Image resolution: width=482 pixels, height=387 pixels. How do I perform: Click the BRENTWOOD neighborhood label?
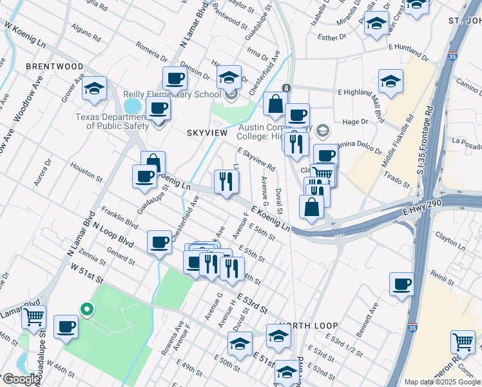(x=54, y=67)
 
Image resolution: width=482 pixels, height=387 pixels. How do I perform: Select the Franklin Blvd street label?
(x=120, y=217)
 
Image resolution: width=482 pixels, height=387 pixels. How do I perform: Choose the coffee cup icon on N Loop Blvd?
(x=159, y=243)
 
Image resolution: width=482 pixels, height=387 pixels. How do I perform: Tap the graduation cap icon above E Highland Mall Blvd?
(x=390, y=82)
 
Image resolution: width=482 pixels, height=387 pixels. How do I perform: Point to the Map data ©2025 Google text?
(x=442, y=382)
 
